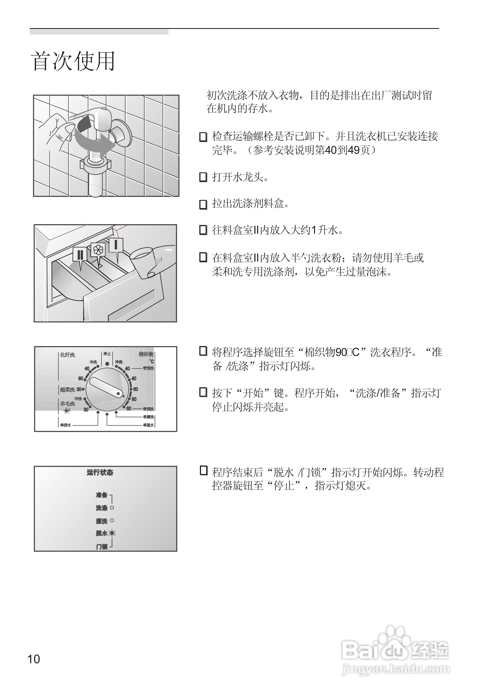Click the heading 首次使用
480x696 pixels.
pos(73,61)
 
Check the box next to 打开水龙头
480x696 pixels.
pos(203,177)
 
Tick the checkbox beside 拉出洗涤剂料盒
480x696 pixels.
pos(203,204)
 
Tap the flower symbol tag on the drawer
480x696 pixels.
pos(98,250)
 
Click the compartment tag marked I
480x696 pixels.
pos(116,245)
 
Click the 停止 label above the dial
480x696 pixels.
pos(107,354)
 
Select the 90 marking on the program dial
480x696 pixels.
pos(134,399)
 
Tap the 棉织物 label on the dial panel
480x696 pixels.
pos(146,354)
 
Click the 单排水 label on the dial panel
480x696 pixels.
pos(65,425)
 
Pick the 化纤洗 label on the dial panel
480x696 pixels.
pos(67,355)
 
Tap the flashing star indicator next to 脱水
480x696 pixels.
pos(112,533)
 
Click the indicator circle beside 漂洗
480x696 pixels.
pos(112,520)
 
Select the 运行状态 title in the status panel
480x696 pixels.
pos(100,473)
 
